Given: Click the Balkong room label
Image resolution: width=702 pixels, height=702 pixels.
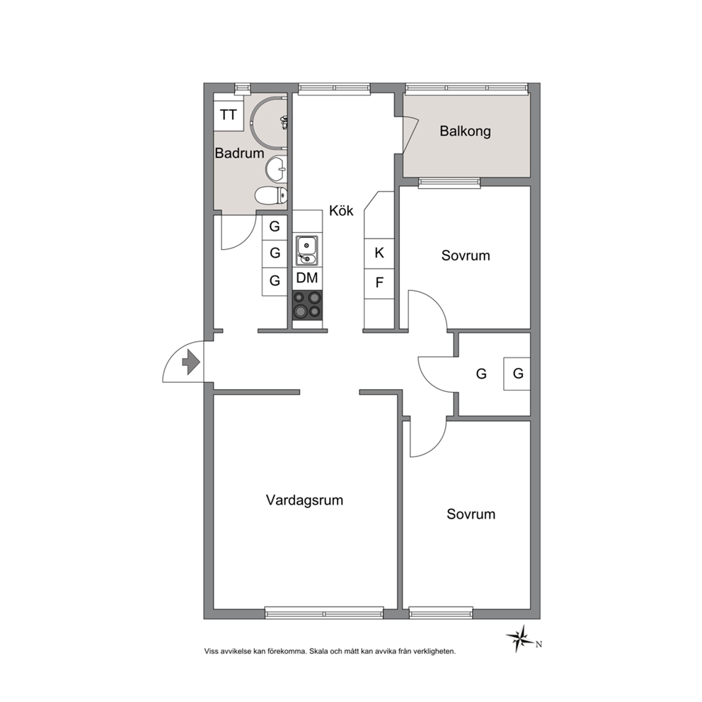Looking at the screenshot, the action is tap(465, 131).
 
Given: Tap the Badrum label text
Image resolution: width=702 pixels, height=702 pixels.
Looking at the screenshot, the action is tap(239, 153).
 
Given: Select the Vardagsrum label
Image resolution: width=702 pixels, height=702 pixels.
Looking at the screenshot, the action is tap(304, 500).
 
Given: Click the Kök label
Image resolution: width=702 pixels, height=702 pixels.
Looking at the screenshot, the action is tap(341, 210).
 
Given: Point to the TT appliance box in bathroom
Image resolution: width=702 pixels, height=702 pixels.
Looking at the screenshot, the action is tap(229, 115).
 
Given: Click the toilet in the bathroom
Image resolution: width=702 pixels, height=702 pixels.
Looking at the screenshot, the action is tap(271, 195).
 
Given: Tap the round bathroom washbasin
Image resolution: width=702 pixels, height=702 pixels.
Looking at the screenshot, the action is tap(276, 169).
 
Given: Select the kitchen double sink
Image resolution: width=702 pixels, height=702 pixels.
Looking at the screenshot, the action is tap(306, 251).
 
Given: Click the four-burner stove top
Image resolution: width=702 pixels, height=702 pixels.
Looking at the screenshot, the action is tap(307, 305).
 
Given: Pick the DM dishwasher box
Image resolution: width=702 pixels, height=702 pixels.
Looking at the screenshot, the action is tap(307, 278).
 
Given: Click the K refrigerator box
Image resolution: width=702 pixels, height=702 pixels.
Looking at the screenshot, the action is tap(379, 253).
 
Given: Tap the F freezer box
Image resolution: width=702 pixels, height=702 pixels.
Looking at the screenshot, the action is tap(379, 283).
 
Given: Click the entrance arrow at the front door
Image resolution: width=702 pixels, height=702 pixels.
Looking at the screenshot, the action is tap(191, 362).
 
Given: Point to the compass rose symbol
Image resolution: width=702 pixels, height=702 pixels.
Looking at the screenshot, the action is tap(520, 638).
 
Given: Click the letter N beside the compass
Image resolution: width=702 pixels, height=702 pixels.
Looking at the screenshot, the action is tap(539, 645).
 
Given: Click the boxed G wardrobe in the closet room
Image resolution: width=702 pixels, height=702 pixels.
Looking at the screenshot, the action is tap(517, 374).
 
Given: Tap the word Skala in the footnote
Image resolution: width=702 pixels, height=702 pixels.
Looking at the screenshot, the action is tap(318, 652).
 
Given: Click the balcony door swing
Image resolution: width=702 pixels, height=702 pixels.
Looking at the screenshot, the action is tap(410, 134).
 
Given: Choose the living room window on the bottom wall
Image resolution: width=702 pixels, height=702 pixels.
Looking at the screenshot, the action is tap(324, 612).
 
